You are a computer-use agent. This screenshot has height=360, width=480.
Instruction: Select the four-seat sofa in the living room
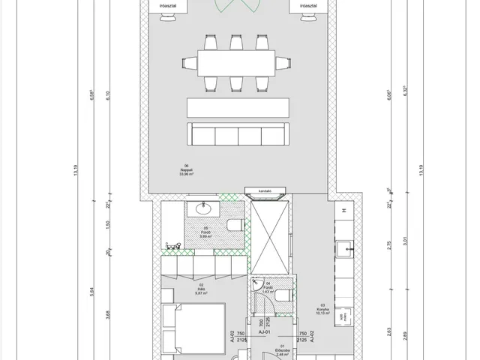point(238,135)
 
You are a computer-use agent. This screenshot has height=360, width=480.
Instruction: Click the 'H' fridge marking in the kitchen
point(343,211)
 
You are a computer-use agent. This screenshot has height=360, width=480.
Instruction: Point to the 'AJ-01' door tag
point(264,331)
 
